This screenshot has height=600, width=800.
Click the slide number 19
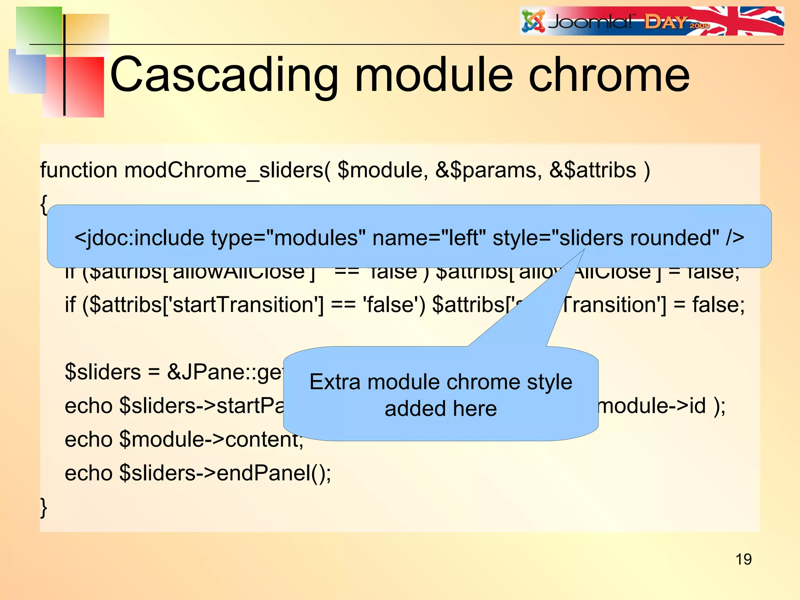coord(743,559)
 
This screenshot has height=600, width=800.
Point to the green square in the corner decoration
coord(39,29)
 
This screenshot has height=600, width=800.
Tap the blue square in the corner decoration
coord(27,72)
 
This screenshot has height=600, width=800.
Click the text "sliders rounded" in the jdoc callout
coord(639,237)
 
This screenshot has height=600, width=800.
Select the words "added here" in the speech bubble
coord(441,409)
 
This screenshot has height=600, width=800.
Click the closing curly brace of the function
coord(44,507)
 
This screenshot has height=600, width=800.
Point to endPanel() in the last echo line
coord(273,473)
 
